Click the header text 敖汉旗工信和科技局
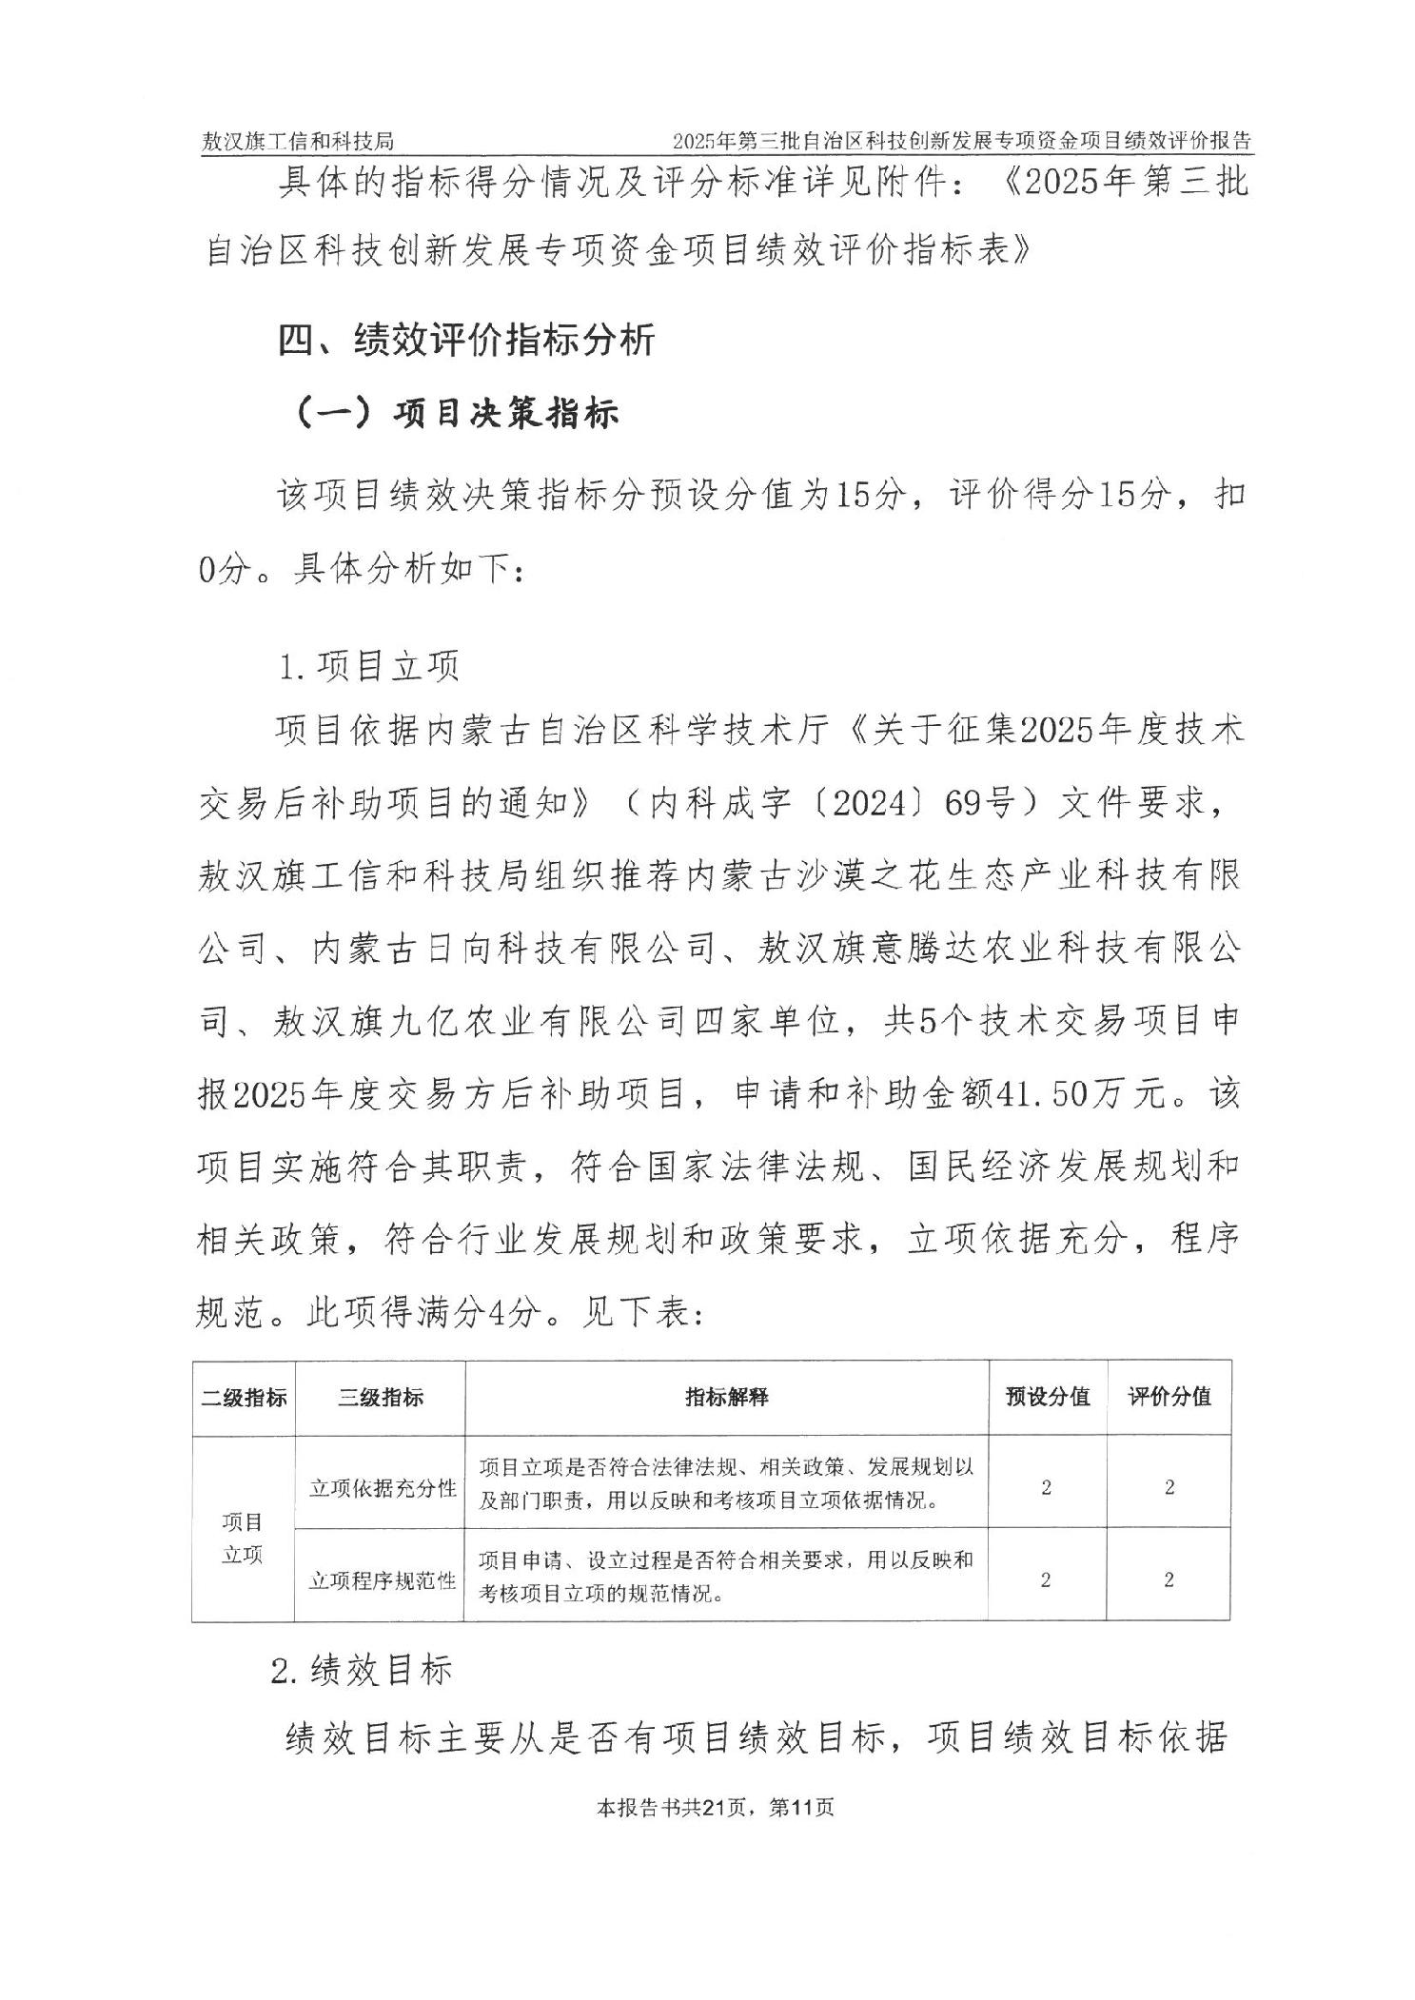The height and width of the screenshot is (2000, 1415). pos(297,142)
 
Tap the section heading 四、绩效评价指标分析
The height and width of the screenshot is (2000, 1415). pos(466,340)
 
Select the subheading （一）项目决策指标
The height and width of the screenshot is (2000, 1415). pos(458,413)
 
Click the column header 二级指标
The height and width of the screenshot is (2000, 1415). pos(244,1397)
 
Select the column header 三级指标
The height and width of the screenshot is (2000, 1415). pos(381,1397)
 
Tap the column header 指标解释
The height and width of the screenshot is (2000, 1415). pos(727,1397)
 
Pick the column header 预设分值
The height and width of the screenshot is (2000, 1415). pos(1048,1397)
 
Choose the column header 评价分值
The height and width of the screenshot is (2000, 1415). pos(1169,1397)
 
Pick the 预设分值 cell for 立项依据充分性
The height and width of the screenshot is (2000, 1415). pos(1047,1488)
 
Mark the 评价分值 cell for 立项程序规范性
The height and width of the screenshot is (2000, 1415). pos(1169,1580)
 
